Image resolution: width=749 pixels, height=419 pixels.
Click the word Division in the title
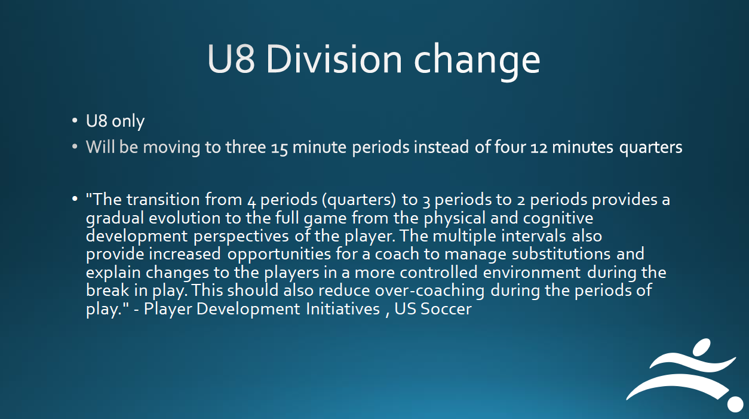pyautogui.click(x=334, y=59)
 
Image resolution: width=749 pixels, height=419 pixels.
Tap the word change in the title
pyautogui.click(x=477, y=63)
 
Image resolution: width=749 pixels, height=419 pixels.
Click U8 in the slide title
pyautogui.click(x=231, y=59)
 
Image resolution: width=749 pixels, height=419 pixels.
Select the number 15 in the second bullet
pyautogui.click(x=279, y=148)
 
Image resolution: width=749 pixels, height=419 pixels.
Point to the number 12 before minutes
pyautogui.click(x=539, y=148)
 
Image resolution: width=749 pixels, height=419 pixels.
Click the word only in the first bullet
pyautogui.click(x=128, y=121)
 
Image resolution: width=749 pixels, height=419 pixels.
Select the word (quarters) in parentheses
pyautogui.click(x=359, y=200)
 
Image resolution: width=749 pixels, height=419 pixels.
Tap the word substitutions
pyautogui.click(x=561, y=254)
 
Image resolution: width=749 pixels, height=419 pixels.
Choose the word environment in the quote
pyautogui.click(x=532, y=273)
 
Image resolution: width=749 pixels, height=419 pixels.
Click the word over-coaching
pyautogui.click(x=429, y=291)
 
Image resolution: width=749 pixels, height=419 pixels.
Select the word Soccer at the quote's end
pyautogui.click(x=446, y=309)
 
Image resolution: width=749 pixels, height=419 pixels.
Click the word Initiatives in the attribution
pyautogui.click(x=343, y=309)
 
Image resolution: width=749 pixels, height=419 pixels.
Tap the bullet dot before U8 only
pyautogui.click(x=75, y=121)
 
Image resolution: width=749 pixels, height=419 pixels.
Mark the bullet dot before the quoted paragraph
pyautogui.click(x=75, y=199)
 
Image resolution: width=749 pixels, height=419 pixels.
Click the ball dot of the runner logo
pyautogui.click(x=735, y=405)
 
